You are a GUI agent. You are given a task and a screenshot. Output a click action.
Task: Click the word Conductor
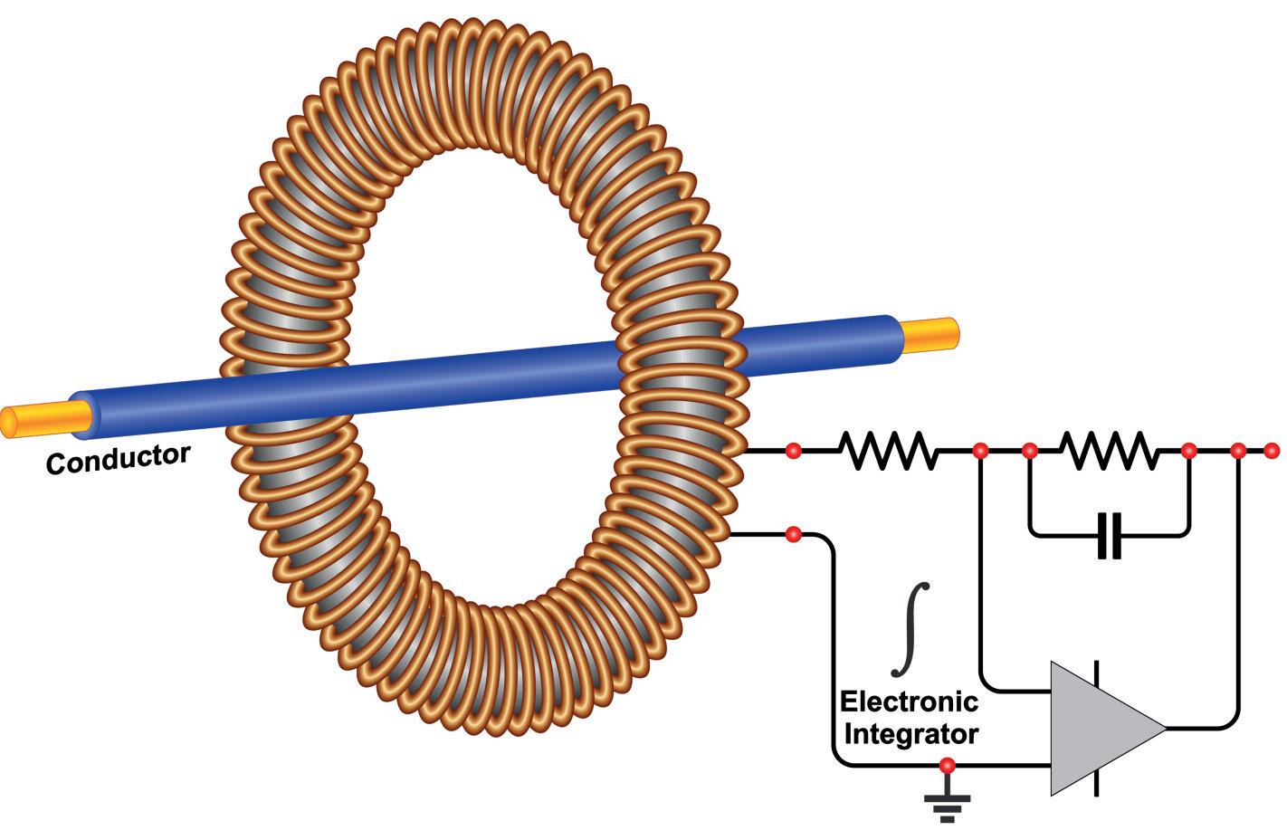[118, 458]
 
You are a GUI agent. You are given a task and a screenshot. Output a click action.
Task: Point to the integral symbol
[910, 628]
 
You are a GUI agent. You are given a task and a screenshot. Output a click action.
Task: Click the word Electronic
[909, 702]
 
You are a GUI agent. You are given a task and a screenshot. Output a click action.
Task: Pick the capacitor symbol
[1109, 535]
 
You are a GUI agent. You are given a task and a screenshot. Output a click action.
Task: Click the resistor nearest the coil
[886, 450]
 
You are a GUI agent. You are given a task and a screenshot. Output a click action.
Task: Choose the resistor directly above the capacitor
[1109, 450]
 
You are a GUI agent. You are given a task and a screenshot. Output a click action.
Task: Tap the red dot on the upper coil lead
[793, 450]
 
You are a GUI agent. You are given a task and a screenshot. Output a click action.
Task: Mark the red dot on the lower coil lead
[793, 534]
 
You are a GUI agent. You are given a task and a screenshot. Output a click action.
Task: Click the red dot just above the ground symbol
[947, 766]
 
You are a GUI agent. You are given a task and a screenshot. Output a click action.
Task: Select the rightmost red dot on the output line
[1271, 450]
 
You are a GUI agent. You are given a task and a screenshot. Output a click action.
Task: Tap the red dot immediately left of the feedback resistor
[1029, 450]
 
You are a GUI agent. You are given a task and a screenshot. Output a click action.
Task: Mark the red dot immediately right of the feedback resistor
[1189, 450]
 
